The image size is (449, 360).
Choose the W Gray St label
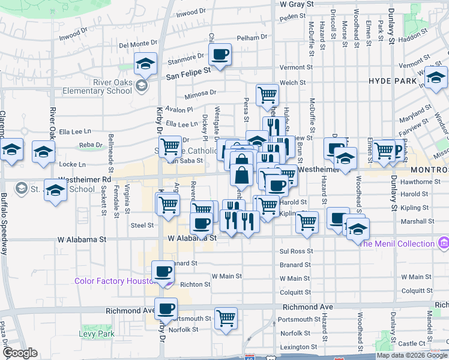point(297,4)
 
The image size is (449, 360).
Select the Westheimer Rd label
point(85,179)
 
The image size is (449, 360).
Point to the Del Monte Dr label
point(137,44)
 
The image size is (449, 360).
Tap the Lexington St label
point(298,347)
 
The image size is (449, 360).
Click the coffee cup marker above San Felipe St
point(220,55)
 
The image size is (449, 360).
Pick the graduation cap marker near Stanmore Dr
point(144,63)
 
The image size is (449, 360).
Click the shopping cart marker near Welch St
point(267,94)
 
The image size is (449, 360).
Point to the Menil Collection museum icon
point(444,243)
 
